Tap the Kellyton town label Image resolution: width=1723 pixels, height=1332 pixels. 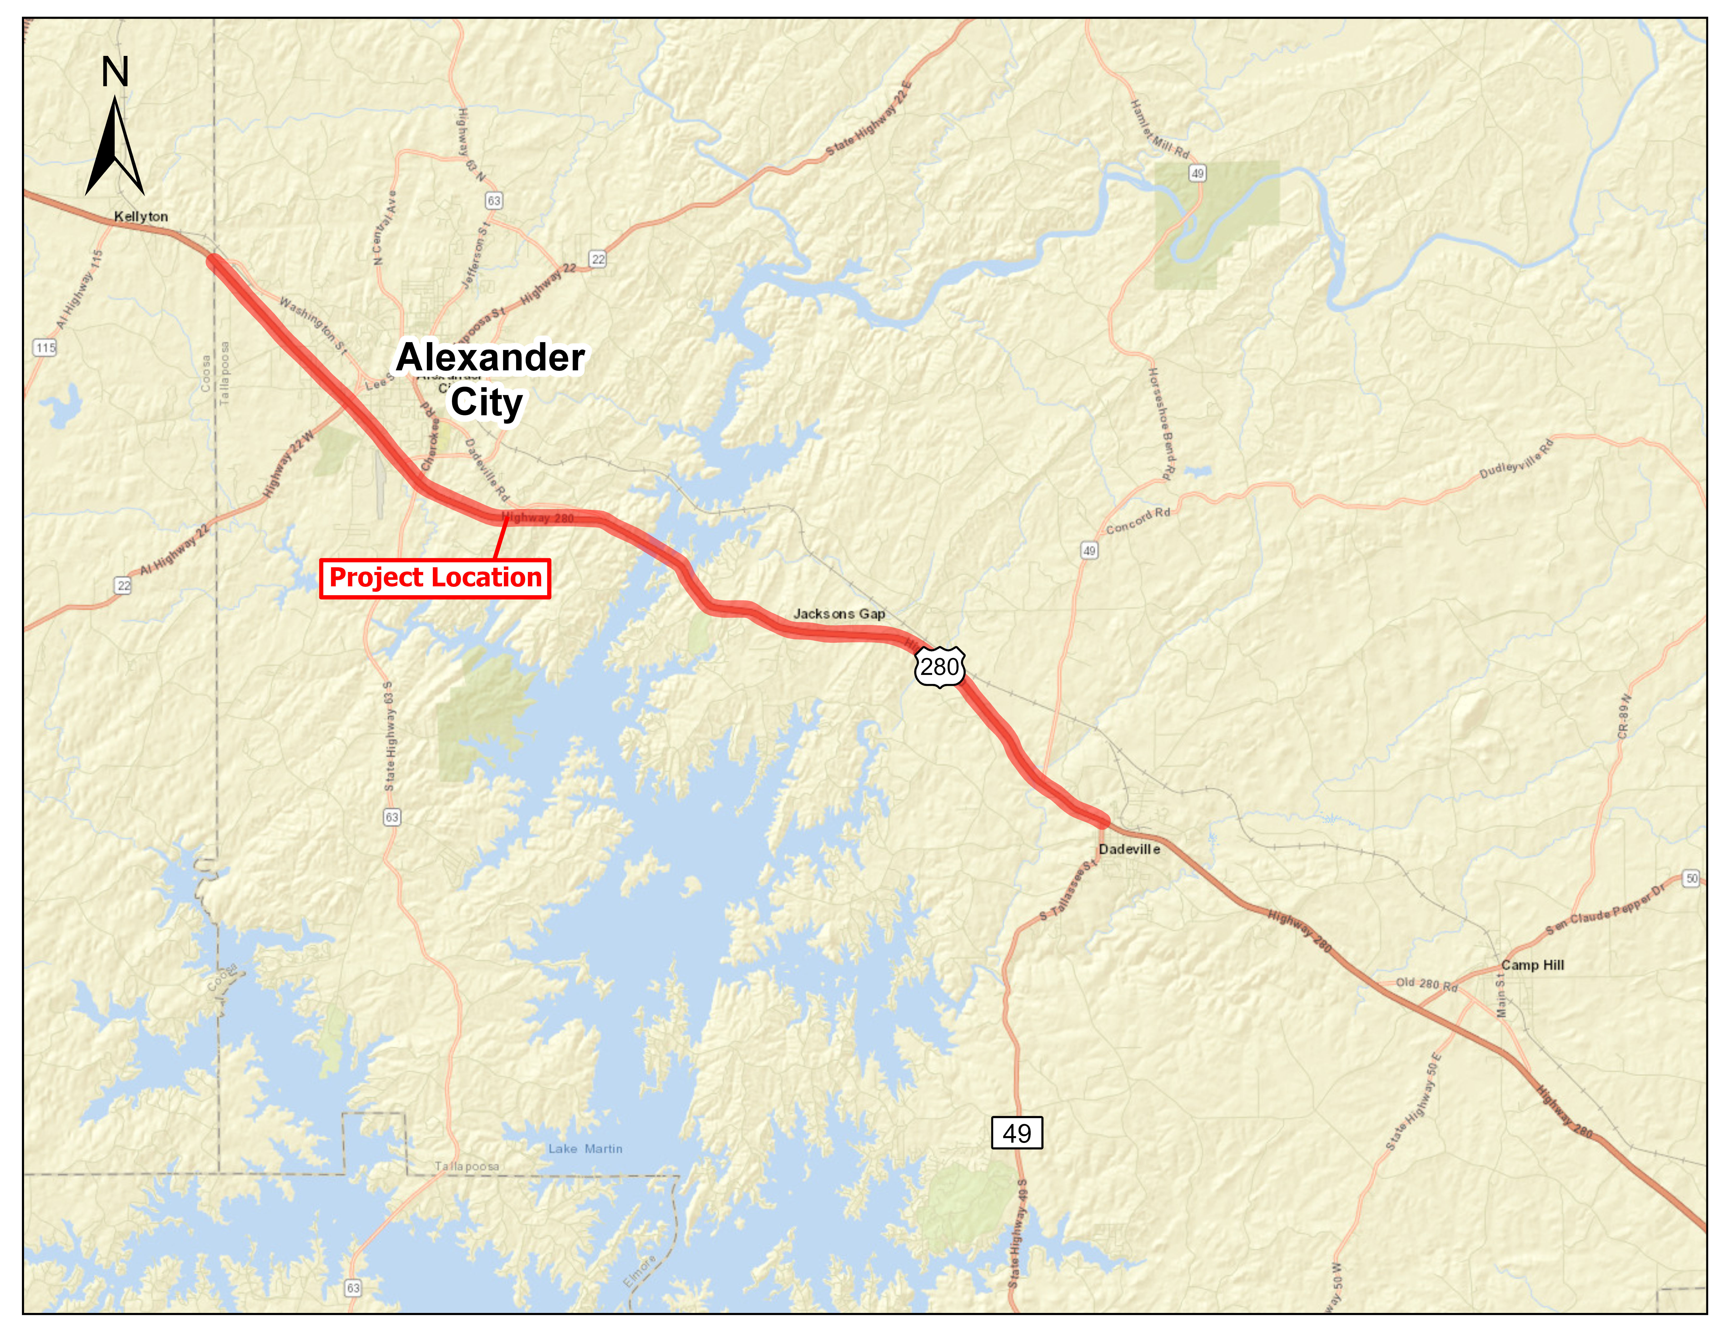click(x=140, y=216)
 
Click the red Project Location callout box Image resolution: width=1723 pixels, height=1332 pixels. click(x=435, y=578)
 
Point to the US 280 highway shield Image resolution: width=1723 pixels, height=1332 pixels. click(x=940, y=668)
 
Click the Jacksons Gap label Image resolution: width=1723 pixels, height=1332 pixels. click(x=839, y=614)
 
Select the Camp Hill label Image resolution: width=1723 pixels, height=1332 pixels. click(x=1532, y=965)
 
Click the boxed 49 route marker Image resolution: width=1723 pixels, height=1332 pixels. click(x=1016, y=1133)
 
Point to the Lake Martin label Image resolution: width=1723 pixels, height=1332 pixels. click(x=585, y=1149)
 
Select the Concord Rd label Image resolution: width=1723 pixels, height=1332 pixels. click(x=1138, y=521)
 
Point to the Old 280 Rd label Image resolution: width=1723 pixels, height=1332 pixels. click(x=1426, y=984)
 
